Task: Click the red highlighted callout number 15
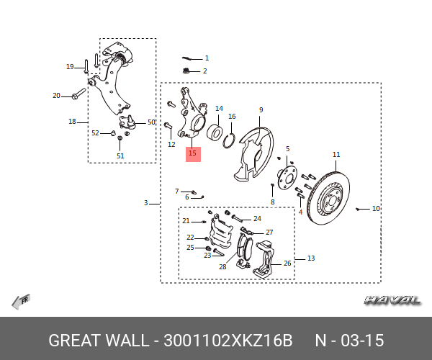click(193, 153)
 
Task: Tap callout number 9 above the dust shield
click(261, 110)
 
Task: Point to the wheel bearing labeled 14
click(215, 132)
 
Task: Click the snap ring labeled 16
click(229, 138)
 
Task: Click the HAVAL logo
click(392, 300)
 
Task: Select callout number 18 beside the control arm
click(72, 121)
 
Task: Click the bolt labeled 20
click(78, 95)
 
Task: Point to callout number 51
click(120, 156)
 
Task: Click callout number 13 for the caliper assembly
click(311, 258)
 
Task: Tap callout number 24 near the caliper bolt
click(257, 217)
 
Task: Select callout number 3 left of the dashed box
click(145, 203)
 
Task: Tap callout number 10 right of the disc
click(376, 209)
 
